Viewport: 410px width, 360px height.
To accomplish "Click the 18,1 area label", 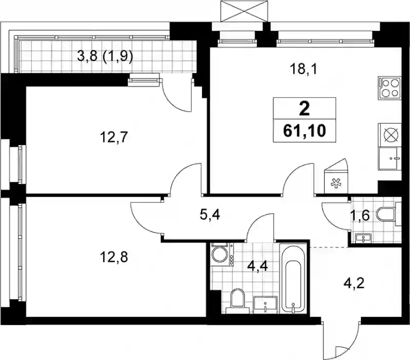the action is [303, 70].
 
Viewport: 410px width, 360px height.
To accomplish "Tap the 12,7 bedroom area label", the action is [114, 137].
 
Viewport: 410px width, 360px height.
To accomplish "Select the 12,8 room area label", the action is [114, 257].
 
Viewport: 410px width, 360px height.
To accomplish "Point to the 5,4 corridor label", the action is [210, 215].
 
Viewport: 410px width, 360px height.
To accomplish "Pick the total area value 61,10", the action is [304, 131].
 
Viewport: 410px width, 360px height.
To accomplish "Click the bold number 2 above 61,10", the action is [304, 109].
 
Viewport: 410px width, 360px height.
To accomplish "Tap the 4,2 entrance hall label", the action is [354, 283].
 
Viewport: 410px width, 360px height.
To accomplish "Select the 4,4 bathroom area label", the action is [258, 267].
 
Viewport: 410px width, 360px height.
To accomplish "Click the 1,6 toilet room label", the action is [360, 216].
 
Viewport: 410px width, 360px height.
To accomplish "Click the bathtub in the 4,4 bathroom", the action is [293, 278].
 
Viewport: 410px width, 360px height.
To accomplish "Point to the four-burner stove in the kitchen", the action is [389, 88].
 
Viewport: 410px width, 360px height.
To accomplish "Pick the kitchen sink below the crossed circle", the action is [389, 159].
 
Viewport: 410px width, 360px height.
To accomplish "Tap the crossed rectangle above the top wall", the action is [244, 11].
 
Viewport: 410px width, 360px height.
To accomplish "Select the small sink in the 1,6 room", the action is [363, 238].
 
